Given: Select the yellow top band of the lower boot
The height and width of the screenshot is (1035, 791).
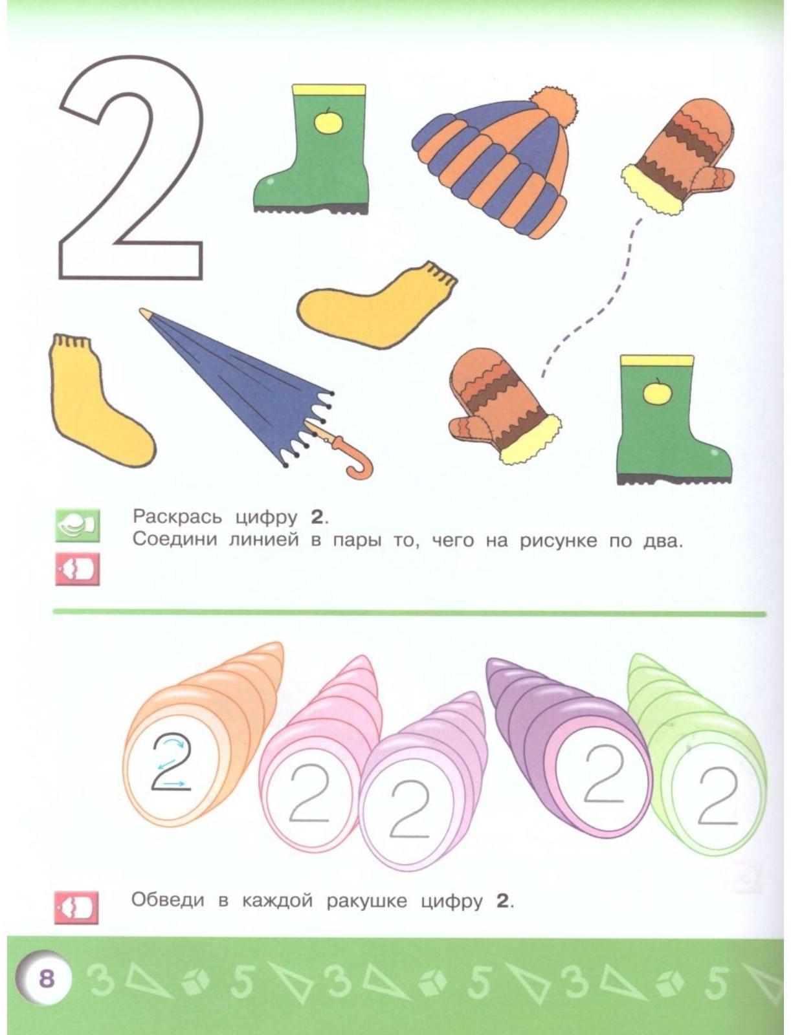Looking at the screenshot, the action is coord(656,361).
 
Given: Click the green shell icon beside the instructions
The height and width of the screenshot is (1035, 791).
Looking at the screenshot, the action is coord(78,525).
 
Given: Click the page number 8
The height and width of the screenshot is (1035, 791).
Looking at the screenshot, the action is coord(47,978).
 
